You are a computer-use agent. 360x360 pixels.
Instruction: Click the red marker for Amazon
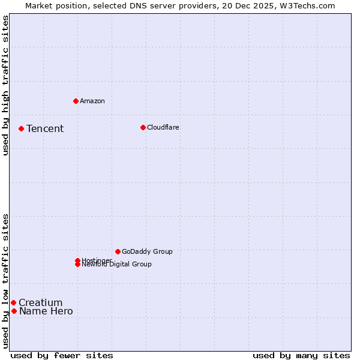click(x=76, y=101)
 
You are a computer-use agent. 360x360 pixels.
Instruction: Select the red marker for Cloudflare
click(x=143, y=127)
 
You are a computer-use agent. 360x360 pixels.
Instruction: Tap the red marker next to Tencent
click(x=21, y=128)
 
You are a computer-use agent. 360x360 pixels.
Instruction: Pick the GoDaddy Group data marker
click(x=118, y=251)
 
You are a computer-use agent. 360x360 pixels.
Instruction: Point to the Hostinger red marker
click(x=77, y=260)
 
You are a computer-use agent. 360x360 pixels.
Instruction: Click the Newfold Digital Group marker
click(x=77, y=265)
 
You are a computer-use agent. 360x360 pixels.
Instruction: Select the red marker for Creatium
click(x=13, y=302)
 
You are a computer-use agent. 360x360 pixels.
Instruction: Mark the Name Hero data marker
click(x=14, y=311)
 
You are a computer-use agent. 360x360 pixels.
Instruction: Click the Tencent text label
click(x=45, y=128)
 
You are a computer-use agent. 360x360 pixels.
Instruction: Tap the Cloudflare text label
click(x=163, y=127)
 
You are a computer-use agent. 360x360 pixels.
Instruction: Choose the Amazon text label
click(x=92, y=101)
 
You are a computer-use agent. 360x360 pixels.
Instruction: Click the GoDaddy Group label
click(x=147, y=251)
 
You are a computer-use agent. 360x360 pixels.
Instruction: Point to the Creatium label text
click(x=40, y=302)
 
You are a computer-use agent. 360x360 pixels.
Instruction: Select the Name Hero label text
click(x=46, y=311)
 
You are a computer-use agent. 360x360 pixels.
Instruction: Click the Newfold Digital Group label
click(x=117, y=265)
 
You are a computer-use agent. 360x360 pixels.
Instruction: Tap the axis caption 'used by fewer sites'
click(x=62, y=355)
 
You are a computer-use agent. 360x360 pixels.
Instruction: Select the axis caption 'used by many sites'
click(x=301, y=355)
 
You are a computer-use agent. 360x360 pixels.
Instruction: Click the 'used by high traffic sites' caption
click(x=5, y=86)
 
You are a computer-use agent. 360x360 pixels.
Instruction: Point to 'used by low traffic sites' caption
click(x=5, y=281)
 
